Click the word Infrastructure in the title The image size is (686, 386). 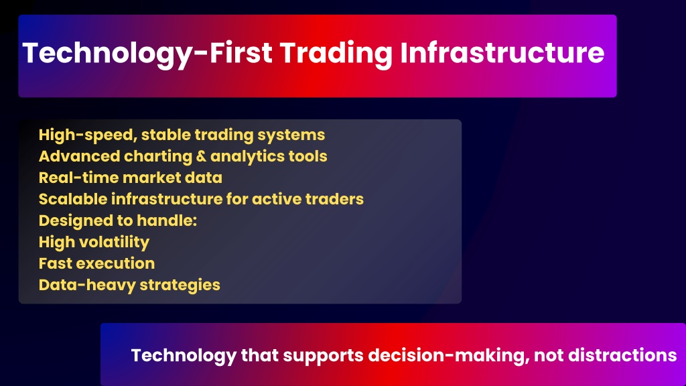(x=502, y=52)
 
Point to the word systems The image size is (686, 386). (x=291, y=135)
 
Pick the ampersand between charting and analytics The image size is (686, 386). (x=201, y=156)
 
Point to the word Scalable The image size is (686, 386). (x=73, y=199)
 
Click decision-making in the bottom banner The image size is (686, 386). (x=448, y=356)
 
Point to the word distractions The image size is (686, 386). (x=622, y=355)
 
